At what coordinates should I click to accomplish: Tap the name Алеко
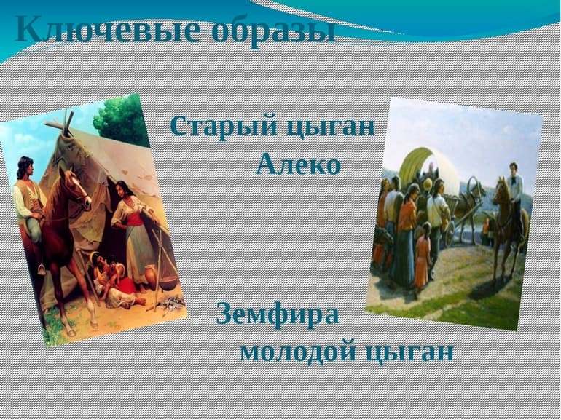298,165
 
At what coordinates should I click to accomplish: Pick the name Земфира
278,316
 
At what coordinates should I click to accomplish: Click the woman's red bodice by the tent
135,218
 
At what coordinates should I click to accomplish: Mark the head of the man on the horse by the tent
25,167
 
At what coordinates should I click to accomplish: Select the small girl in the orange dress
422,259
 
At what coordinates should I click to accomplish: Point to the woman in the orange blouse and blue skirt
405,233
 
